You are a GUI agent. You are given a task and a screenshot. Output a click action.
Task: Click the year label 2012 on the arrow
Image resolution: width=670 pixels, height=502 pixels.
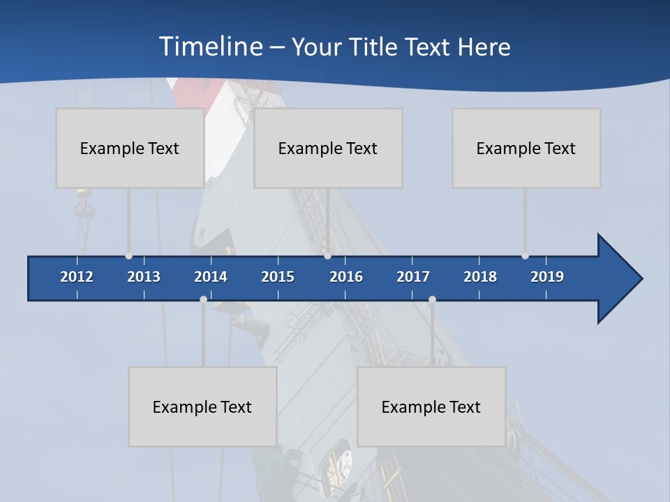click(x=77, y=277)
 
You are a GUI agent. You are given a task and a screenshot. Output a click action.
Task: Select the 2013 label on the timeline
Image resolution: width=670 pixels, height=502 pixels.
click(x=144, y=277)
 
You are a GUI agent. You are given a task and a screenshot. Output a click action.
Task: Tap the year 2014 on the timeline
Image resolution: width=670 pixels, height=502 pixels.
click(x=211, y=277)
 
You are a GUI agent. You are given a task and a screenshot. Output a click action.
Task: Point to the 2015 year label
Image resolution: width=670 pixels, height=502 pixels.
click(x=278, y=277)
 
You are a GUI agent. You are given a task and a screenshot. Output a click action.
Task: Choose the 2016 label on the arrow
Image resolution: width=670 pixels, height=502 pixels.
click(x=346, y=277)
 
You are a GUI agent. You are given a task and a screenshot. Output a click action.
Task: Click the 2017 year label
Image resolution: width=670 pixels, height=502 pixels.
click(x=413, y=277)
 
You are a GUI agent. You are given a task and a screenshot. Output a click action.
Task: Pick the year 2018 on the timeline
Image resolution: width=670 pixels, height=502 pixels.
click(x=480, y=277)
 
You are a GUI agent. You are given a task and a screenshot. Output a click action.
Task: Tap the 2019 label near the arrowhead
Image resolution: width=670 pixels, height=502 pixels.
click(x=547, y=277)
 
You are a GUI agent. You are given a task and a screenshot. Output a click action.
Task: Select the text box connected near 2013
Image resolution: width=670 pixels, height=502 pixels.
click(x=130, y=148)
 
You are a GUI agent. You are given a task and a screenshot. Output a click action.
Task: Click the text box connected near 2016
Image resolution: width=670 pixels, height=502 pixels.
click(x=328, y=148)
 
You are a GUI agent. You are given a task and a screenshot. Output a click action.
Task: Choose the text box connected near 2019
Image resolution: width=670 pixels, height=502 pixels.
click(x=526, y=148)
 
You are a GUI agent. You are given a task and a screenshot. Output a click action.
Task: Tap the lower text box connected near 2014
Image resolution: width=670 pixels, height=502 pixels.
click(x=202, y=406)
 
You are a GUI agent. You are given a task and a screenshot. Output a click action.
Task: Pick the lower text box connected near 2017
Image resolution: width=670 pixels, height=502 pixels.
click(x=431, y=406)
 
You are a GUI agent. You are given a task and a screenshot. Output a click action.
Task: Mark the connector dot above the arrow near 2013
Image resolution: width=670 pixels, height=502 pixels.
click(x=128, y=256)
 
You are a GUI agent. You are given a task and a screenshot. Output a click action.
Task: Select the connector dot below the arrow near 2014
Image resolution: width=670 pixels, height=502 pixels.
click(x=203, y=299)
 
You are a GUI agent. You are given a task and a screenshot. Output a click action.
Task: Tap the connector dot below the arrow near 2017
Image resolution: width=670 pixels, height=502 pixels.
click(x=432, y=299)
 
